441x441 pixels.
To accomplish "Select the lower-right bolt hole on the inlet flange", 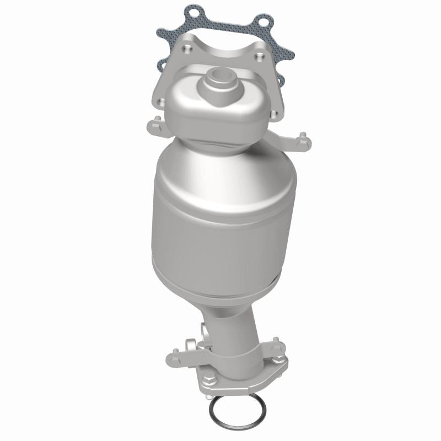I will [x=273, y=115].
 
